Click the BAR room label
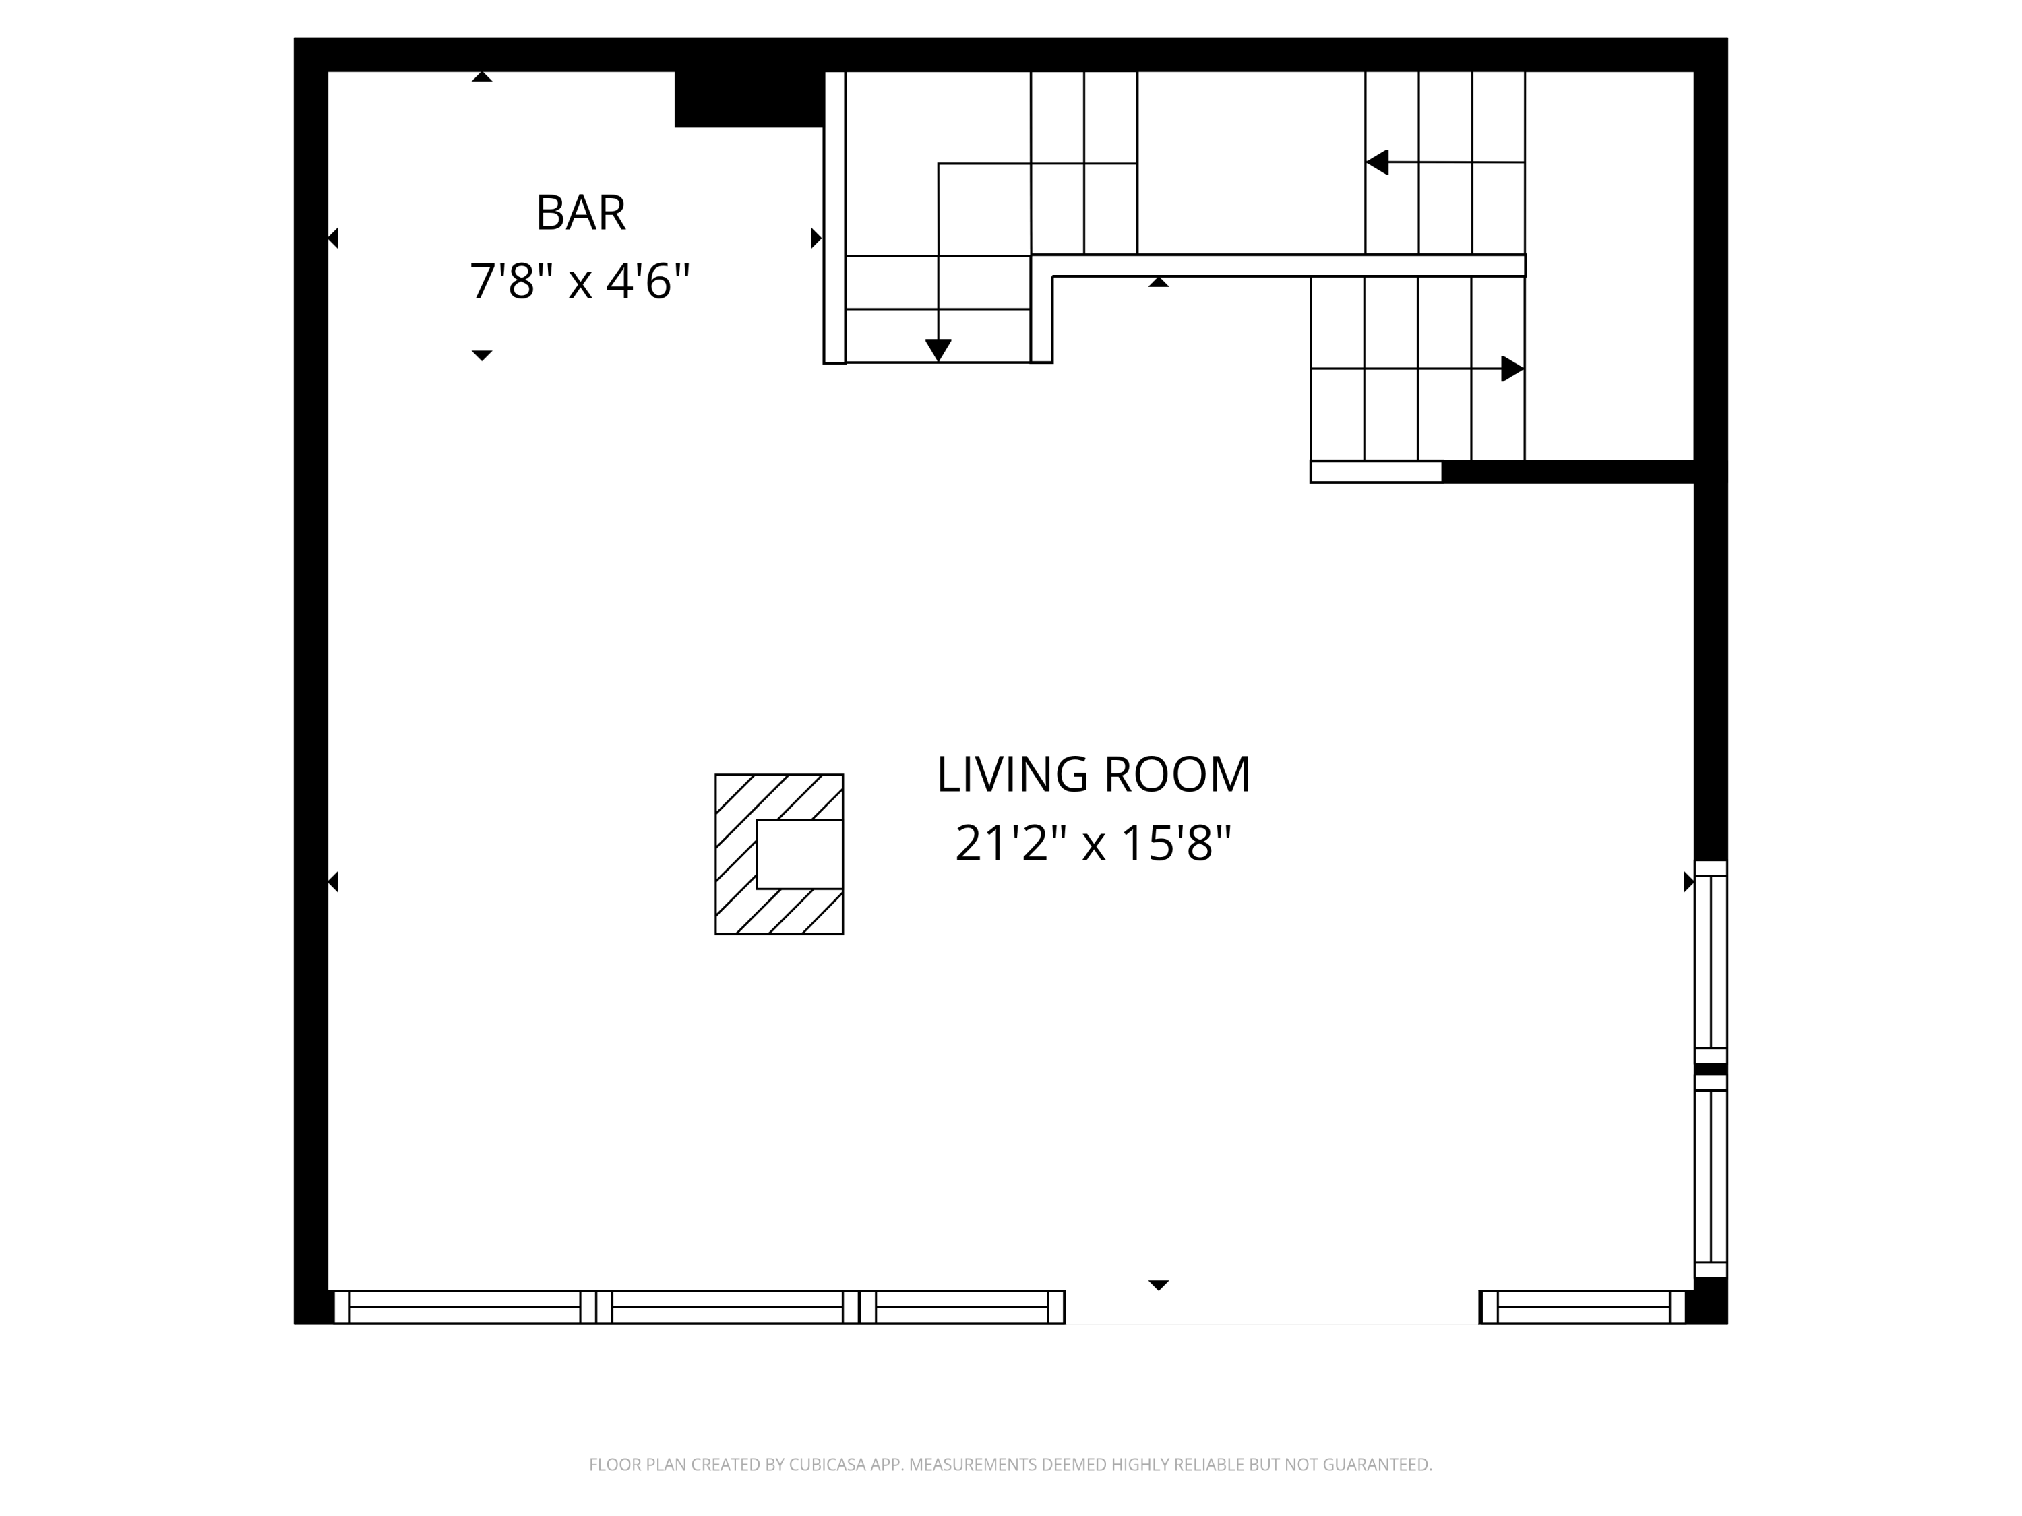[580, 213]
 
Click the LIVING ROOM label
[1093, 775]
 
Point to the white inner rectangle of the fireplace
[800, 854]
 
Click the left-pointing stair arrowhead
[1378, 162]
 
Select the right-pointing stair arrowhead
[1512, 369]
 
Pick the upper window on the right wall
[1711, 962]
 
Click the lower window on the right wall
[1711, 1176]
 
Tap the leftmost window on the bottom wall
[464, 1306]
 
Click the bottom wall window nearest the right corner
[1583, 1306]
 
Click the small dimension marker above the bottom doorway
[1158, 1285]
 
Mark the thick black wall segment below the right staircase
[1568, 472]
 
